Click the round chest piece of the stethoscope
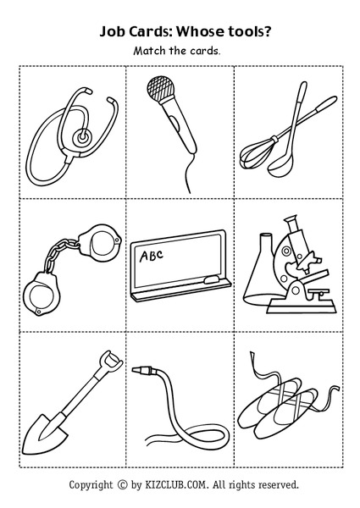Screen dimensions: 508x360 tap(80, 135)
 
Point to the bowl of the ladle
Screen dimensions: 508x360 tap(277, 170)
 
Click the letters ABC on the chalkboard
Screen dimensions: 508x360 tap(151, 253)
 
